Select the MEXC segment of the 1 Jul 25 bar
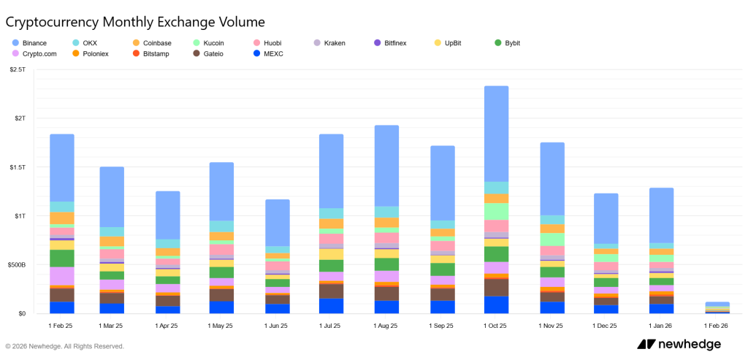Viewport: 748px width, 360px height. coord(332,306)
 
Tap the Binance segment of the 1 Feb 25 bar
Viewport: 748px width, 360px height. coord(62,167)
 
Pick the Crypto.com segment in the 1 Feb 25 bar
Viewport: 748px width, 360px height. coord(62,275)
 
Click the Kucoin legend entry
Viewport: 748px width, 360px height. coord(211,43)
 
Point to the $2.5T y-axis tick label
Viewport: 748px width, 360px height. coord(18,69)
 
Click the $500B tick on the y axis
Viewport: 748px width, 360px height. coord(15,265)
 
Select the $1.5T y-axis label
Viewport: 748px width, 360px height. coord(18,167)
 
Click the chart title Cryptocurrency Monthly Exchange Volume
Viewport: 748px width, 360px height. coord(135,22)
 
